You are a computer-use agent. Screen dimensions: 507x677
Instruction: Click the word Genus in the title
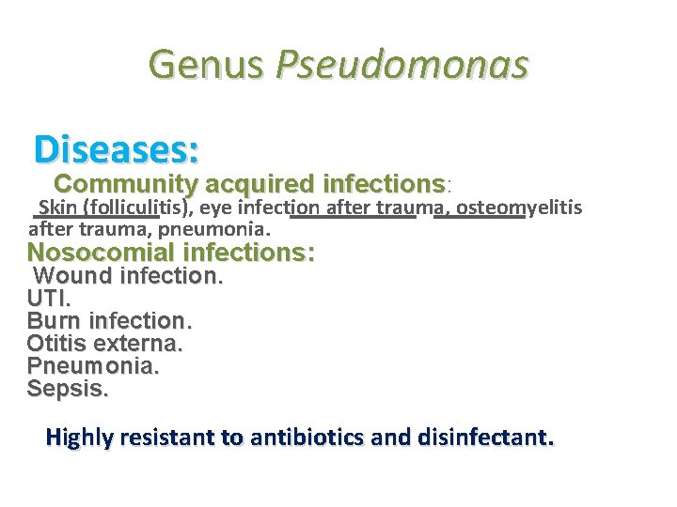point(207,66)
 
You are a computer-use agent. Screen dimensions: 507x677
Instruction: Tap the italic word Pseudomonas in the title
point(401,66)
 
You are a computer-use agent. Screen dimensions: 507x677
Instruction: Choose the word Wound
point(71,276)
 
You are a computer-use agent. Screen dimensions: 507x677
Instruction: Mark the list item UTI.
point(49,299)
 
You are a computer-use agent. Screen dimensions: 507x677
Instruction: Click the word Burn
point(55,321)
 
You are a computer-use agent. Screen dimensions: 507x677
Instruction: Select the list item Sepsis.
point(68,389)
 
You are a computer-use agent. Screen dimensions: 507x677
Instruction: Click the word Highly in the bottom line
point(79,438)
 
